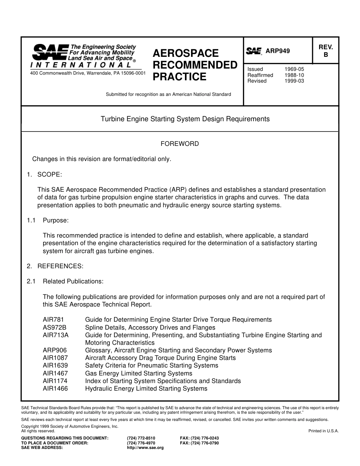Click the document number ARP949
(x=277, y=51)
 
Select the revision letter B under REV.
(x=326, y=55)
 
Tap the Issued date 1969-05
(x=294, y=69)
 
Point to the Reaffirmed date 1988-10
(x=294, y=75)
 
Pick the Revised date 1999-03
(x=294, y=81)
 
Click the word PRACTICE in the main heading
(x=179, y=77)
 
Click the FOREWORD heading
(x=180, y=144)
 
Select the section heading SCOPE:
(x=49, y=174)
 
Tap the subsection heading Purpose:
(x=55, y=220)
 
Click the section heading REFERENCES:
(x=60, y=266)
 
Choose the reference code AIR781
(x=53, y=320)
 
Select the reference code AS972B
(x=55, y=327)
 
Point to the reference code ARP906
(x=55, y=350)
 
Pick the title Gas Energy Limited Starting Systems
(x=138, y=373)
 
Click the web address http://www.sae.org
(x=145, y=447)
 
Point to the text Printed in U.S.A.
(x=323, y=431)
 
